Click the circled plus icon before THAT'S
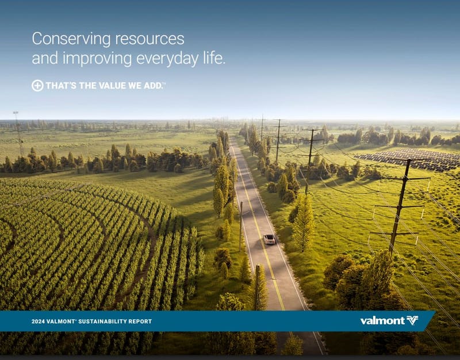point(37,86)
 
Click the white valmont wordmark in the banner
point(381,320)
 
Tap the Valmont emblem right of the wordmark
point(412,320)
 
